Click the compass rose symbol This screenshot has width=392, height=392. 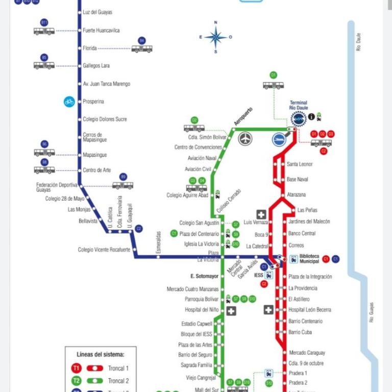216,37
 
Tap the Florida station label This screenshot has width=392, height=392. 90,48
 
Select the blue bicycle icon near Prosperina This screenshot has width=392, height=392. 69,102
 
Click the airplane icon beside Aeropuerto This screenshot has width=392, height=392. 246,138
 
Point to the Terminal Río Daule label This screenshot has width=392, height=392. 299,105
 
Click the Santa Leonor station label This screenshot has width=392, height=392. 300,164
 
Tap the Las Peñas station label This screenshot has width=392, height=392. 307,210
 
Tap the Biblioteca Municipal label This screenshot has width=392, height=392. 309,258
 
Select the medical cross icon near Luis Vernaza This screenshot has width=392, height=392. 261,214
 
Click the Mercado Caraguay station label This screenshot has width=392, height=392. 307,353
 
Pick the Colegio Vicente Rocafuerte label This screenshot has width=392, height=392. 104,250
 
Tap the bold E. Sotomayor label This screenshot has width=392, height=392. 204,276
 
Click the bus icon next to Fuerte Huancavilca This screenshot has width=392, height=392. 44,30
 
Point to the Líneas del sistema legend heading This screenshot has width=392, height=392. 100,354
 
